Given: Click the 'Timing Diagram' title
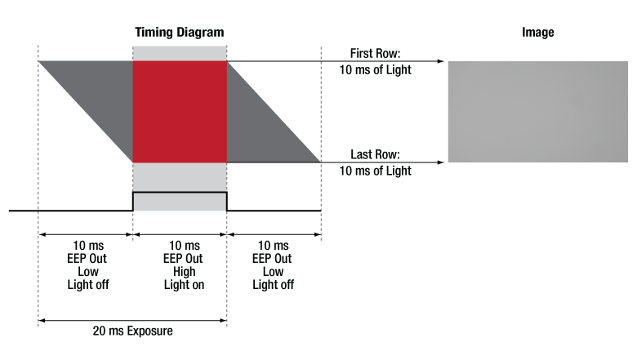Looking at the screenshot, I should pos(179,32).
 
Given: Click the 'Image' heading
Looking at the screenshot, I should pos(537,32).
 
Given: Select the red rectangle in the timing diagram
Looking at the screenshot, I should pos(180,111).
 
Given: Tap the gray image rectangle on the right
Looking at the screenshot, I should pos(537,111).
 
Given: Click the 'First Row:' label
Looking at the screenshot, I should pos(375,53).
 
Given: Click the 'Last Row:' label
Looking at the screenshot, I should pos(375,154).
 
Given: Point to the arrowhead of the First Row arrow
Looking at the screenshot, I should pos(441,61).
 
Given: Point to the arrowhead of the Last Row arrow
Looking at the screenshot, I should pos(441,162).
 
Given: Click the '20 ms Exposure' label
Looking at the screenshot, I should pos(132,331).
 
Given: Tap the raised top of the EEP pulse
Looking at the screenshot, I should pos(180,192).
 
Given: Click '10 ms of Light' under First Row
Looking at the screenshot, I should pos(375,70).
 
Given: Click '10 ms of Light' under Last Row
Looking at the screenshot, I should pos(375,171).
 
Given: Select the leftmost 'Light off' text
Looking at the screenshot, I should pos(88,285).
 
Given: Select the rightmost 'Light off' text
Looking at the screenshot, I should pos(273,285).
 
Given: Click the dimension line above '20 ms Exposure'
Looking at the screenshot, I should pos(132,319).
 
